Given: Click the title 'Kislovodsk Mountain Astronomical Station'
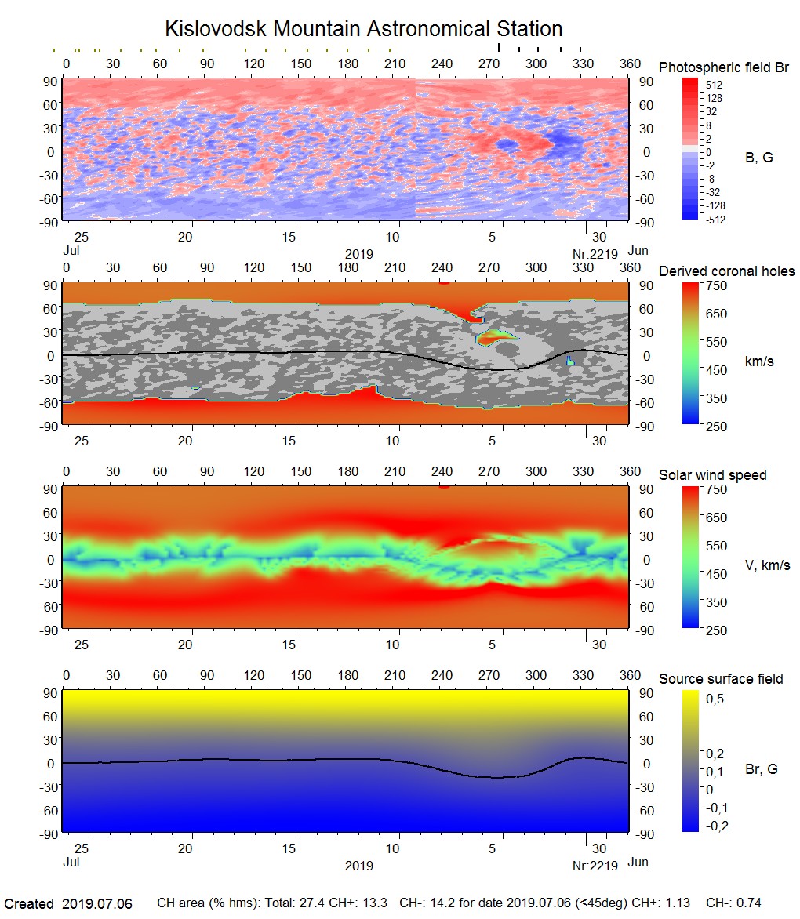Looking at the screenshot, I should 363,29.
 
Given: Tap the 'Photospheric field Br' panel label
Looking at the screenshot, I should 723,67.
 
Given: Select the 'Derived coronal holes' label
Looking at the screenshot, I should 726,271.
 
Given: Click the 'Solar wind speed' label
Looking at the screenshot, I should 712,475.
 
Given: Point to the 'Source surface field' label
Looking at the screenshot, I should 720,678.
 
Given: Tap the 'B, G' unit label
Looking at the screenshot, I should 758,158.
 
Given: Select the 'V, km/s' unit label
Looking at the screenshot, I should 767,565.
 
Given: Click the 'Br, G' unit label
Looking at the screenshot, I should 762,769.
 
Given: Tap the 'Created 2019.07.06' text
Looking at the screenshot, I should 68,903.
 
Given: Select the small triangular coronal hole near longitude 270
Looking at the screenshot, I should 494,337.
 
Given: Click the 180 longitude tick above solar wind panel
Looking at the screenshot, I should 348,471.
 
